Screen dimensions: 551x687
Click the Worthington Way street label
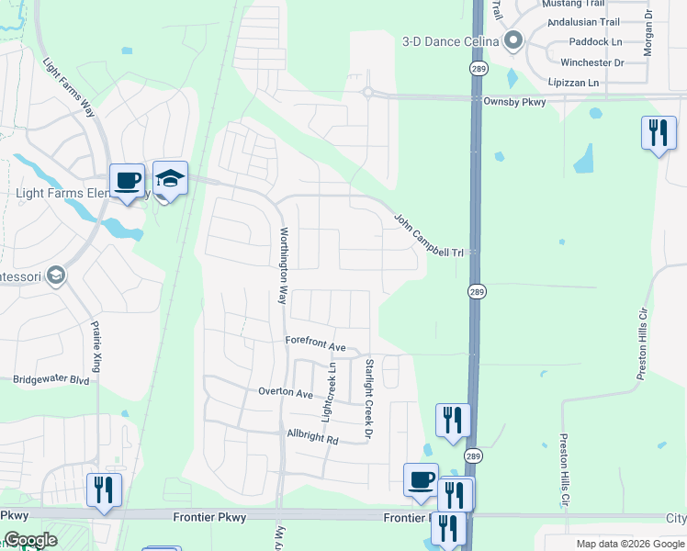[x=284, y=265]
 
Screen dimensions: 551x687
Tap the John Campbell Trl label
[x=431, y=235]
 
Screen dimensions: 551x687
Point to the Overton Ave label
[x=286, y=392]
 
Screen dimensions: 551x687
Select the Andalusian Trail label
[x=583, y=22]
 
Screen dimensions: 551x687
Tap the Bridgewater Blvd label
[x=51, y=378]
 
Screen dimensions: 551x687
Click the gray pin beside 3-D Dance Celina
[x=513, y=41]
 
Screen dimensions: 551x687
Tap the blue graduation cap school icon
[x=170, y=178]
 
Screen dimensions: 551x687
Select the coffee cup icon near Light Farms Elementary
[x=127, y=181]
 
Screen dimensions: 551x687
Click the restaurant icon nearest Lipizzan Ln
[x=658, y=133]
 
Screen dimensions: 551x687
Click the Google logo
[x=31, y=540]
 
